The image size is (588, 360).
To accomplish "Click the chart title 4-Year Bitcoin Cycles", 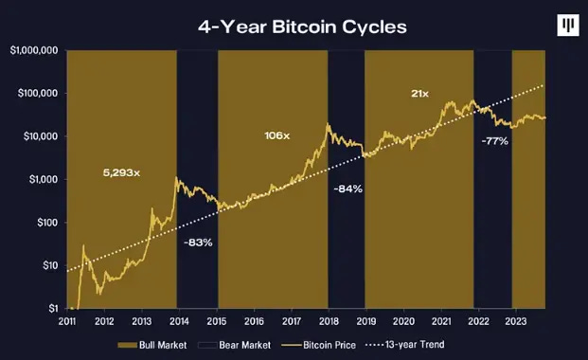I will point(301,26).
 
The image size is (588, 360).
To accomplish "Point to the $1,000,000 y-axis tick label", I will point(34,49).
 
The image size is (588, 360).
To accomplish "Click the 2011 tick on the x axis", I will point(68,321).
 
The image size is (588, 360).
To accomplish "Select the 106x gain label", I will point(276,136).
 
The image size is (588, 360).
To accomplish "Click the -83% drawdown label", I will point(198,243).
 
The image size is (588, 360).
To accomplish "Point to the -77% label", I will point(493,141).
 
